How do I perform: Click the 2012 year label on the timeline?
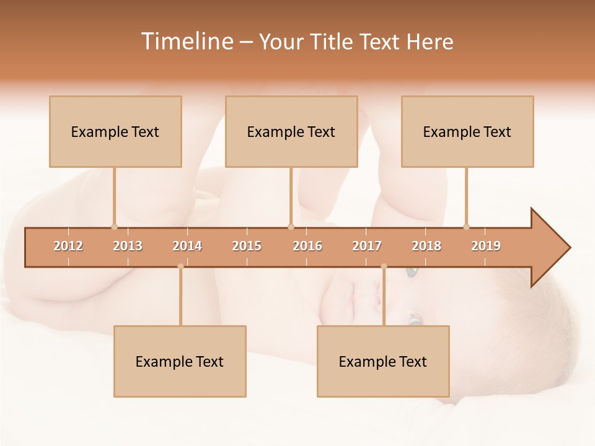tap(68, 246)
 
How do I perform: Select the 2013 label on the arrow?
tap(128, 246)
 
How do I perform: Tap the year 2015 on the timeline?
tap(247, 246)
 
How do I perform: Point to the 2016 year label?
tap(307, 246)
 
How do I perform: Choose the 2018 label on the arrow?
tap(426, 246)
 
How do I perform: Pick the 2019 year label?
tap(486, 246)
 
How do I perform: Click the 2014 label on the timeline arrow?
tap(187, 246)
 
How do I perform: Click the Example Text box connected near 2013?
tap(115, 131)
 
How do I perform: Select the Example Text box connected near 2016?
tap(291, 131)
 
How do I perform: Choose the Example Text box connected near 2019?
tap(467, 131)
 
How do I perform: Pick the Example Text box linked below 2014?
tap(180, 361)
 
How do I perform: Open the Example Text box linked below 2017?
tap(383, 361)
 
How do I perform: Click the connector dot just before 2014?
tap(180, 266)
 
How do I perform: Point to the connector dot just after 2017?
tap(384, 266)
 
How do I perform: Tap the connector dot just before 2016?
tap(291, 227)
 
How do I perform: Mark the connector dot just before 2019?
tap(466, 227)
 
